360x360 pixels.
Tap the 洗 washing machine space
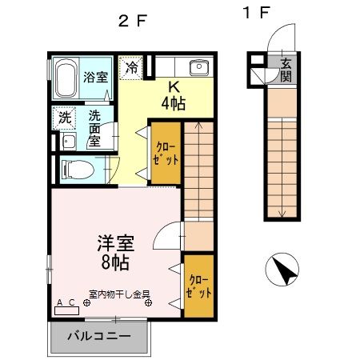pyautogui.click(x=65, y=118)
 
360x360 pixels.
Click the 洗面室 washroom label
pyautogui.click(x=94, y=128)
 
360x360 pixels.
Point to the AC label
pyautogui.click(x=66, y=301)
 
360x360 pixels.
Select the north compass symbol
pyautogui.click(x=282, y=269)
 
